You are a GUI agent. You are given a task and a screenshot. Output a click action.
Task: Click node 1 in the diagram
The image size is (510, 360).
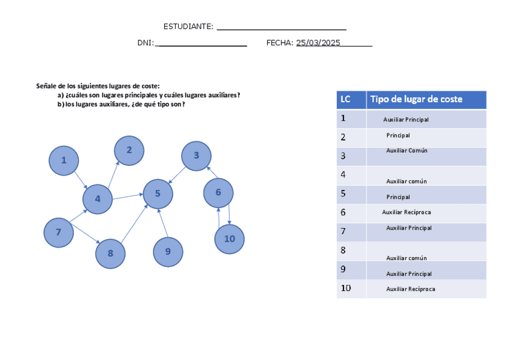coord(64,160)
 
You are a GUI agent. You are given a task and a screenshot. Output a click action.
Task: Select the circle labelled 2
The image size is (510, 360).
coord(129,150)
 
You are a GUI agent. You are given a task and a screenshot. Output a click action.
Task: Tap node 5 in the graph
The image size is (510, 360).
coord(158,194)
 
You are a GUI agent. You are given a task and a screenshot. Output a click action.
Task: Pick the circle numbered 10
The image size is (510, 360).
coord(229,239)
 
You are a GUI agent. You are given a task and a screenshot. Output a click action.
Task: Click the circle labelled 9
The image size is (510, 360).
coord(168,252)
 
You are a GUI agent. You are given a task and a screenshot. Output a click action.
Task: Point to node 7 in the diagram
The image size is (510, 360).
coord(58,233)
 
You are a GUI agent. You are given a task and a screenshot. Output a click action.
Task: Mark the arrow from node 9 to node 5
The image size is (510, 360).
coord(162,223)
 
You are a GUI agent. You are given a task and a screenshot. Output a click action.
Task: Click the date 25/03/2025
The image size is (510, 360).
coord(318,43)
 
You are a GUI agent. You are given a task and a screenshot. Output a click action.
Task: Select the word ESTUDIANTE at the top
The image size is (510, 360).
coord(188,26)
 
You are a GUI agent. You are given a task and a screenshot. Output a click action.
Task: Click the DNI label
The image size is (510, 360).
coord(145,43)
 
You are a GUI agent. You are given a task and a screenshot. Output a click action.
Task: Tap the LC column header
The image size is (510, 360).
coord(345,99)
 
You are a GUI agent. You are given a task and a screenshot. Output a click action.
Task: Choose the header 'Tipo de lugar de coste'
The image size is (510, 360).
coord(416,99)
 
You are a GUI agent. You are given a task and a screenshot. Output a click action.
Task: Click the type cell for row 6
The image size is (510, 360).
coord(407,212)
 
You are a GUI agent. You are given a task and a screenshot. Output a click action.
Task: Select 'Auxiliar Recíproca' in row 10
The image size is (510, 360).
coord(410,289)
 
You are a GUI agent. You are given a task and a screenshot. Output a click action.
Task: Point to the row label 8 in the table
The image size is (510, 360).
coord(343,251)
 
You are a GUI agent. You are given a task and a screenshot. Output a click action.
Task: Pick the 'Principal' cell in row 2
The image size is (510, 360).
coord(398,135)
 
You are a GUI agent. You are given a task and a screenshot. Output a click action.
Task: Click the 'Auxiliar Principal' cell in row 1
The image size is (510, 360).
coord(406,120)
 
